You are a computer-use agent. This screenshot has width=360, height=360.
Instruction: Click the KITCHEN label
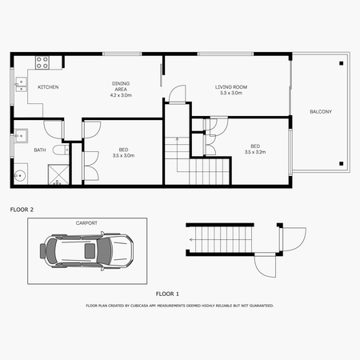(48, 87)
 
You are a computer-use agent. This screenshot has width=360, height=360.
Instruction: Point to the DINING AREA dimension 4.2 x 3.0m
(122, 94)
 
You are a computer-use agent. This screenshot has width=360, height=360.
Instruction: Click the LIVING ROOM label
(232, 87)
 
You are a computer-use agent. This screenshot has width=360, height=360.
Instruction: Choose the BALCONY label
(321, 111)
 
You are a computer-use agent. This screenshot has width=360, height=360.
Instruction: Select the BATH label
(40, 150)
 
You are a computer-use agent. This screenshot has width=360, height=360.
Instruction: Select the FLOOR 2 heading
(22, 209)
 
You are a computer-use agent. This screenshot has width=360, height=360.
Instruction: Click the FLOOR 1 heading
(167, 294)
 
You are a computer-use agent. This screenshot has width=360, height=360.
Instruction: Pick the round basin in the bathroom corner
(19, 176)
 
